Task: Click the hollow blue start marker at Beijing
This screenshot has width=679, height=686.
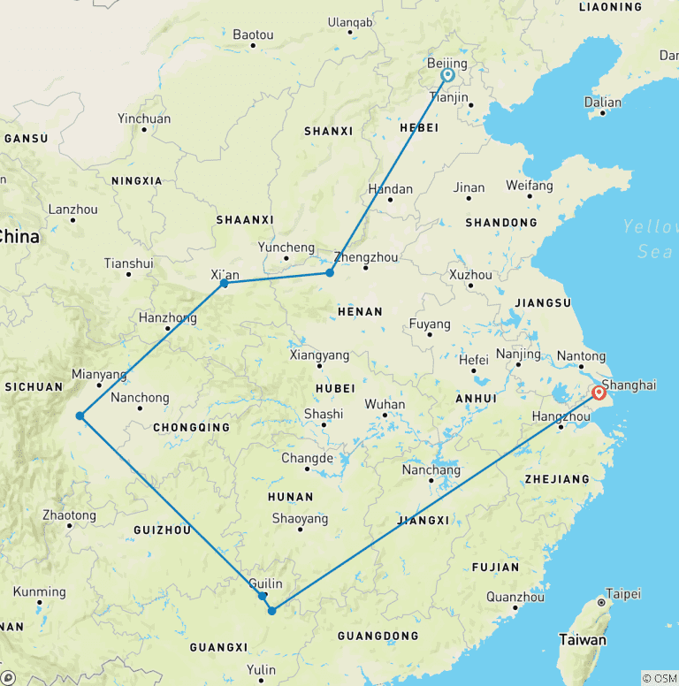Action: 448,76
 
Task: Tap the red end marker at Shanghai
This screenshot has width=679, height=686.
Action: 599,393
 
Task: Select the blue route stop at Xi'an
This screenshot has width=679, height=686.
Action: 225,283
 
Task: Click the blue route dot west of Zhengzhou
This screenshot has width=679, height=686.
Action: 330,272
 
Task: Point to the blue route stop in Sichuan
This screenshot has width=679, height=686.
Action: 80,415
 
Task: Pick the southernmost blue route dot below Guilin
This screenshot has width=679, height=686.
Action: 272,610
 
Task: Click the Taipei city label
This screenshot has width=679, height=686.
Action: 622,594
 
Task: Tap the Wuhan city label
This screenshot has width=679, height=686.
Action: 385,405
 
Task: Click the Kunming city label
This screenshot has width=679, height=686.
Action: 39,591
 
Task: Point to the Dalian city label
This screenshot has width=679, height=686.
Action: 603,103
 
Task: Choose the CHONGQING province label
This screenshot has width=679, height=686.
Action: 191,428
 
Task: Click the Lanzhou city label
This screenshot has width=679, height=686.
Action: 73,210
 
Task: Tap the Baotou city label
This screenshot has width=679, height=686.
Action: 253,35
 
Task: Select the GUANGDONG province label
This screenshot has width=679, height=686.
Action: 378,636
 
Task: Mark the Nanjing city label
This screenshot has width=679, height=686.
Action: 518,354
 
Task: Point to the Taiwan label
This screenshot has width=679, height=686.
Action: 583,639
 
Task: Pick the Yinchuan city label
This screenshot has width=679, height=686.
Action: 144,118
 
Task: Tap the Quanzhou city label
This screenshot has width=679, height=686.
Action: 515,597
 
